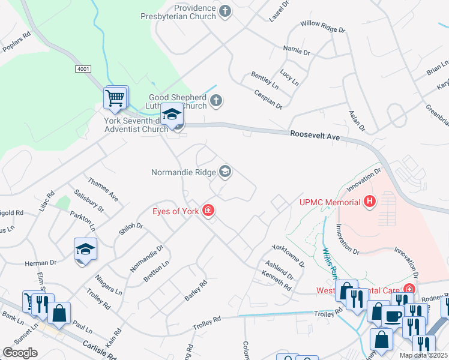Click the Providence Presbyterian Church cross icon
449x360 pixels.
(225, 11)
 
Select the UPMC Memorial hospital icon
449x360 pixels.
(370, 202)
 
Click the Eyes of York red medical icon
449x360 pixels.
(208, 211)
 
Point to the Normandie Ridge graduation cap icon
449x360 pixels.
(225, 173)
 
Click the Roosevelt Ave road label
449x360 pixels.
(315, 136)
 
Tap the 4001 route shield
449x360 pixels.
(83, 70)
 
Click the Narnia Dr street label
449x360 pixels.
(296, 52)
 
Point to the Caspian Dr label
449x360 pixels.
(268, 100)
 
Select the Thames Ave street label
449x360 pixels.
(103, 188)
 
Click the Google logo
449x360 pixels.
(20, 353)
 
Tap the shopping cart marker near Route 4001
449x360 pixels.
(116, 97)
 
